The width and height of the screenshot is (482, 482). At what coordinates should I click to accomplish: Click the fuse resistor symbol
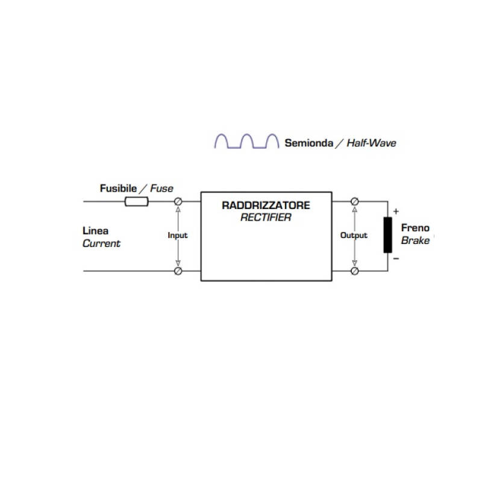tap(136, 201)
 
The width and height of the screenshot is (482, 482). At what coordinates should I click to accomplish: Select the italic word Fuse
tap(161, 188)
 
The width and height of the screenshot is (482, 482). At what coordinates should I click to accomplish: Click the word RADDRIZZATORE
tap(266, 205)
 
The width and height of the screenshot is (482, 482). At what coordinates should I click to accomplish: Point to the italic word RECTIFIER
tap(266, 218)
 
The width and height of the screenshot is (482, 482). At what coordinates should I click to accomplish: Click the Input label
tap(178, 236)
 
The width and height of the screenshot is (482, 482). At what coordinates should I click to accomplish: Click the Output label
tap(354, 236)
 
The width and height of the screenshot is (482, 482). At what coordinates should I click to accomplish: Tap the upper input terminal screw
tap(178, 201)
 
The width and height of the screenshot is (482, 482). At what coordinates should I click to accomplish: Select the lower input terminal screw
tap(178, 271)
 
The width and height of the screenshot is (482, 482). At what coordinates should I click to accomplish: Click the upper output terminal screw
tap(355, 201)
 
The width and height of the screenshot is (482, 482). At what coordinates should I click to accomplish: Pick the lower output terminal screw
tap(355, 271)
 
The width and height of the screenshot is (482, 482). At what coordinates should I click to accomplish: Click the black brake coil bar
tap(387, 235)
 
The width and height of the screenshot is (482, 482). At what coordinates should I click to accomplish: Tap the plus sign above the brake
tap(396, 211)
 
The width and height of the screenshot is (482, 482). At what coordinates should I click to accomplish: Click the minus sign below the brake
tap(396, 258)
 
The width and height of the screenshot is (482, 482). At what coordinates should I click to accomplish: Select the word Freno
tap(415, 228)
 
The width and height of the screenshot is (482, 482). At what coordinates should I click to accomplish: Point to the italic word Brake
tap(415, 240)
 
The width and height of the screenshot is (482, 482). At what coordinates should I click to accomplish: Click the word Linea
tap(95, 231)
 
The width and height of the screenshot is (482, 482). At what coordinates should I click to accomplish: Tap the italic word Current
tap(101, 243)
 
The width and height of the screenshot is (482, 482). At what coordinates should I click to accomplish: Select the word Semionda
tap(308, 143)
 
